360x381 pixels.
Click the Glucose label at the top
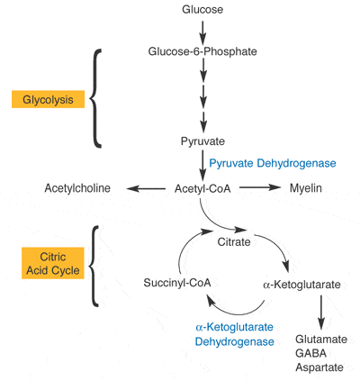point(202,9)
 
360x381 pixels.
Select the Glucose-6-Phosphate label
point(202,51)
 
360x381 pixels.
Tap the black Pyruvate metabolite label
point(202,141)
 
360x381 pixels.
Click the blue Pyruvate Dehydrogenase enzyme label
point(273,163)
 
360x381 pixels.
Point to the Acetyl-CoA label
point(202,188)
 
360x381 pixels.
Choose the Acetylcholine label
point(77,188)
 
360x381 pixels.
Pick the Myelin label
point(306,188)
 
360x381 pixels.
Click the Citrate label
point(234,242)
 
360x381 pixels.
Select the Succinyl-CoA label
point(177,283)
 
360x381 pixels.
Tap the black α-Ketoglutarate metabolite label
point(301,285)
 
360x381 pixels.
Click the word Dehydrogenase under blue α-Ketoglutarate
point(234,341)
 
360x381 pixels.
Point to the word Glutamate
point(321,340)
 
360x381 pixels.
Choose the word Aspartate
point(319,367)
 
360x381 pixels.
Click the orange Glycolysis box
point(48,99)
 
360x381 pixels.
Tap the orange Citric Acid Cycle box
point(53,263)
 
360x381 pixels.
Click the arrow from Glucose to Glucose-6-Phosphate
point(202,32)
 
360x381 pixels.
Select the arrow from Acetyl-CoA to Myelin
point(260,187)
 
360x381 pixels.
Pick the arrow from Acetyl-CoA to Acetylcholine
point(146,188)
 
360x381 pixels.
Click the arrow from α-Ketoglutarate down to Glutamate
point(321,313)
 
